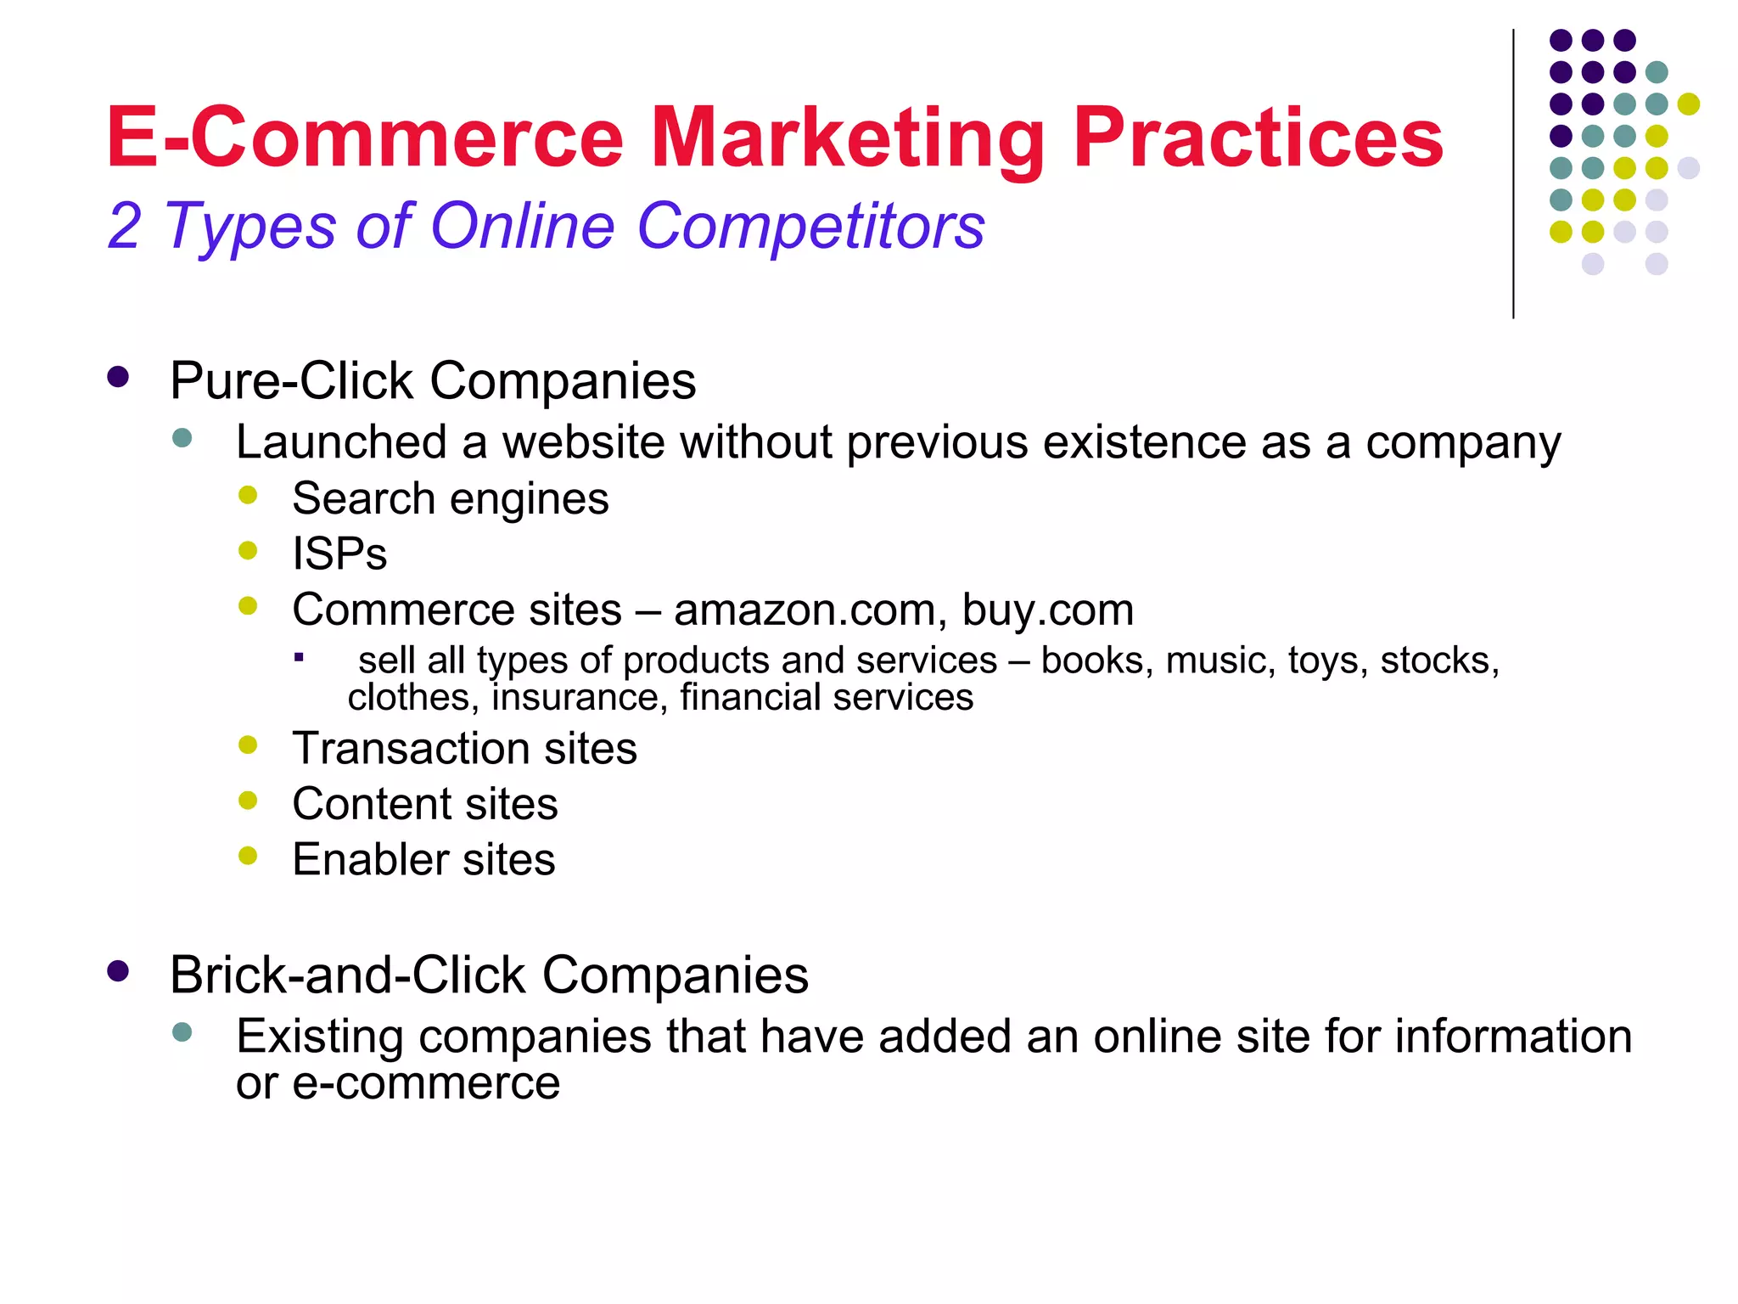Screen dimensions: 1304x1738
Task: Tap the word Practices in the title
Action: [x=1258, y=138]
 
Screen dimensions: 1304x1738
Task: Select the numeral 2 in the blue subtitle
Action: [x=124, y=227]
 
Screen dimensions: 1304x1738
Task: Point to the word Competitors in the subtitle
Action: [x=810, y=227]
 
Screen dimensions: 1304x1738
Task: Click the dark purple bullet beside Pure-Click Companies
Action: [x=118, y=377]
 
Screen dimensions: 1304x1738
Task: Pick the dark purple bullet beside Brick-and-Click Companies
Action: [x=118, y=971]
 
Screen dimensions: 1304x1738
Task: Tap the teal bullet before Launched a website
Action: [x=182, y=438]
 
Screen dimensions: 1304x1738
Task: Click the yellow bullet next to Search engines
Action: [x=248, y=495]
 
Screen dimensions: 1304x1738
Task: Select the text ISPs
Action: [x=339, y=554]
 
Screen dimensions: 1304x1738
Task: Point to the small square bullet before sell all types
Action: [x=299, y=657]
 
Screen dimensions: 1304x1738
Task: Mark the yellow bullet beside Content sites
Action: [x=248, y=801]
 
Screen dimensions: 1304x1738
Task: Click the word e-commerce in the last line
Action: [x=426, y=1083]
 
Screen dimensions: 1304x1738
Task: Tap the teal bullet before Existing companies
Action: [x=182, y=1032]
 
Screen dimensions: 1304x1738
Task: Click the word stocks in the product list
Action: [x=1439, y=660]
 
